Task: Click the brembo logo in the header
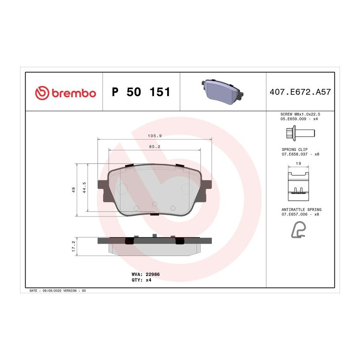[66, 93]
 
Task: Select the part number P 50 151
[141, 92]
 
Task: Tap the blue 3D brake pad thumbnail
[222, 92]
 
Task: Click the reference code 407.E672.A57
[300, 92]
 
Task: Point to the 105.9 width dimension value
[155, 136]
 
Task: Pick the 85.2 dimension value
[154, 146]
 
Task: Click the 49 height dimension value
[74, 190]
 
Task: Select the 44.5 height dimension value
[84, 187]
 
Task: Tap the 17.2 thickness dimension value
[74, 246]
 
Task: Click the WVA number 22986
[153, 274]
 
